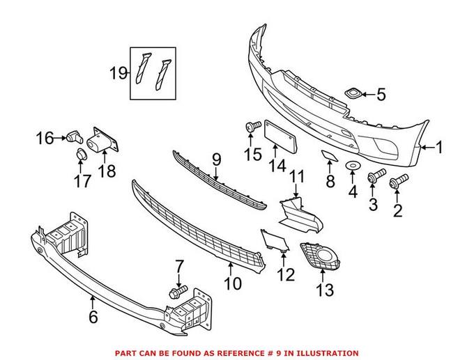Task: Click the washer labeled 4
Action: tap(353, 166)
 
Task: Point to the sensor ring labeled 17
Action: tap(81, 154)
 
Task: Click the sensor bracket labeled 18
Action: tap(103, 141)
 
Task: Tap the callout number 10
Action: tap(232, 284)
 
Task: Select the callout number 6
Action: tap(93, 318)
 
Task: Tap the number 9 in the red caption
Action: tap(284, 354)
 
